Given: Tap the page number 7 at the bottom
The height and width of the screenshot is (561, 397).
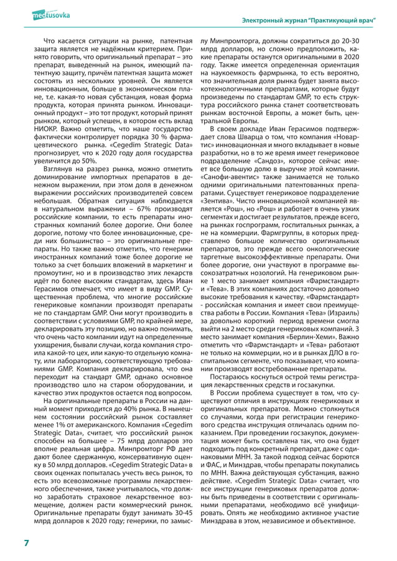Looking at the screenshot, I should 26,543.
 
